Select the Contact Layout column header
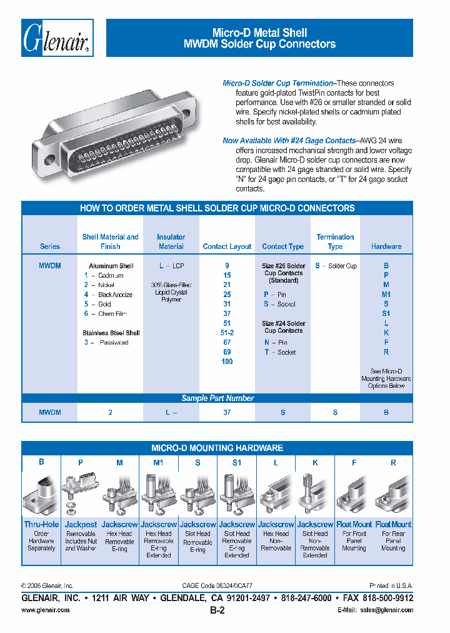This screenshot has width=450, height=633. [x=227, y=246]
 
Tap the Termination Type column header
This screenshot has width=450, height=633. [x=335, y=241]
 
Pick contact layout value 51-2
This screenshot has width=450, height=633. [x=227, y=333]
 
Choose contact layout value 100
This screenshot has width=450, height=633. [x=227, y=362]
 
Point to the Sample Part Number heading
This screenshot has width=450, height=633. [x=217, y=398]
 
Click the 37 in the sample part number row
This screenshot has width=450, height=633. [x=227, y=412]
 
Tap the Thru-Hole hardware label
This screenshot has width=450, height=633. [x=41, y=524]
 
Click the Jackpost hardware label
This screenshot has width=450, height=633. [x=81, y=524]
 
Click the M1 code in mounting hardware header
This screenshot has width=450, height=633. [x=158, y=462]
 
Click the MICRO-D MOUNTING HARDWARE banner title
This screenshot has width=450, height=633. [x=217, y=448]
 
